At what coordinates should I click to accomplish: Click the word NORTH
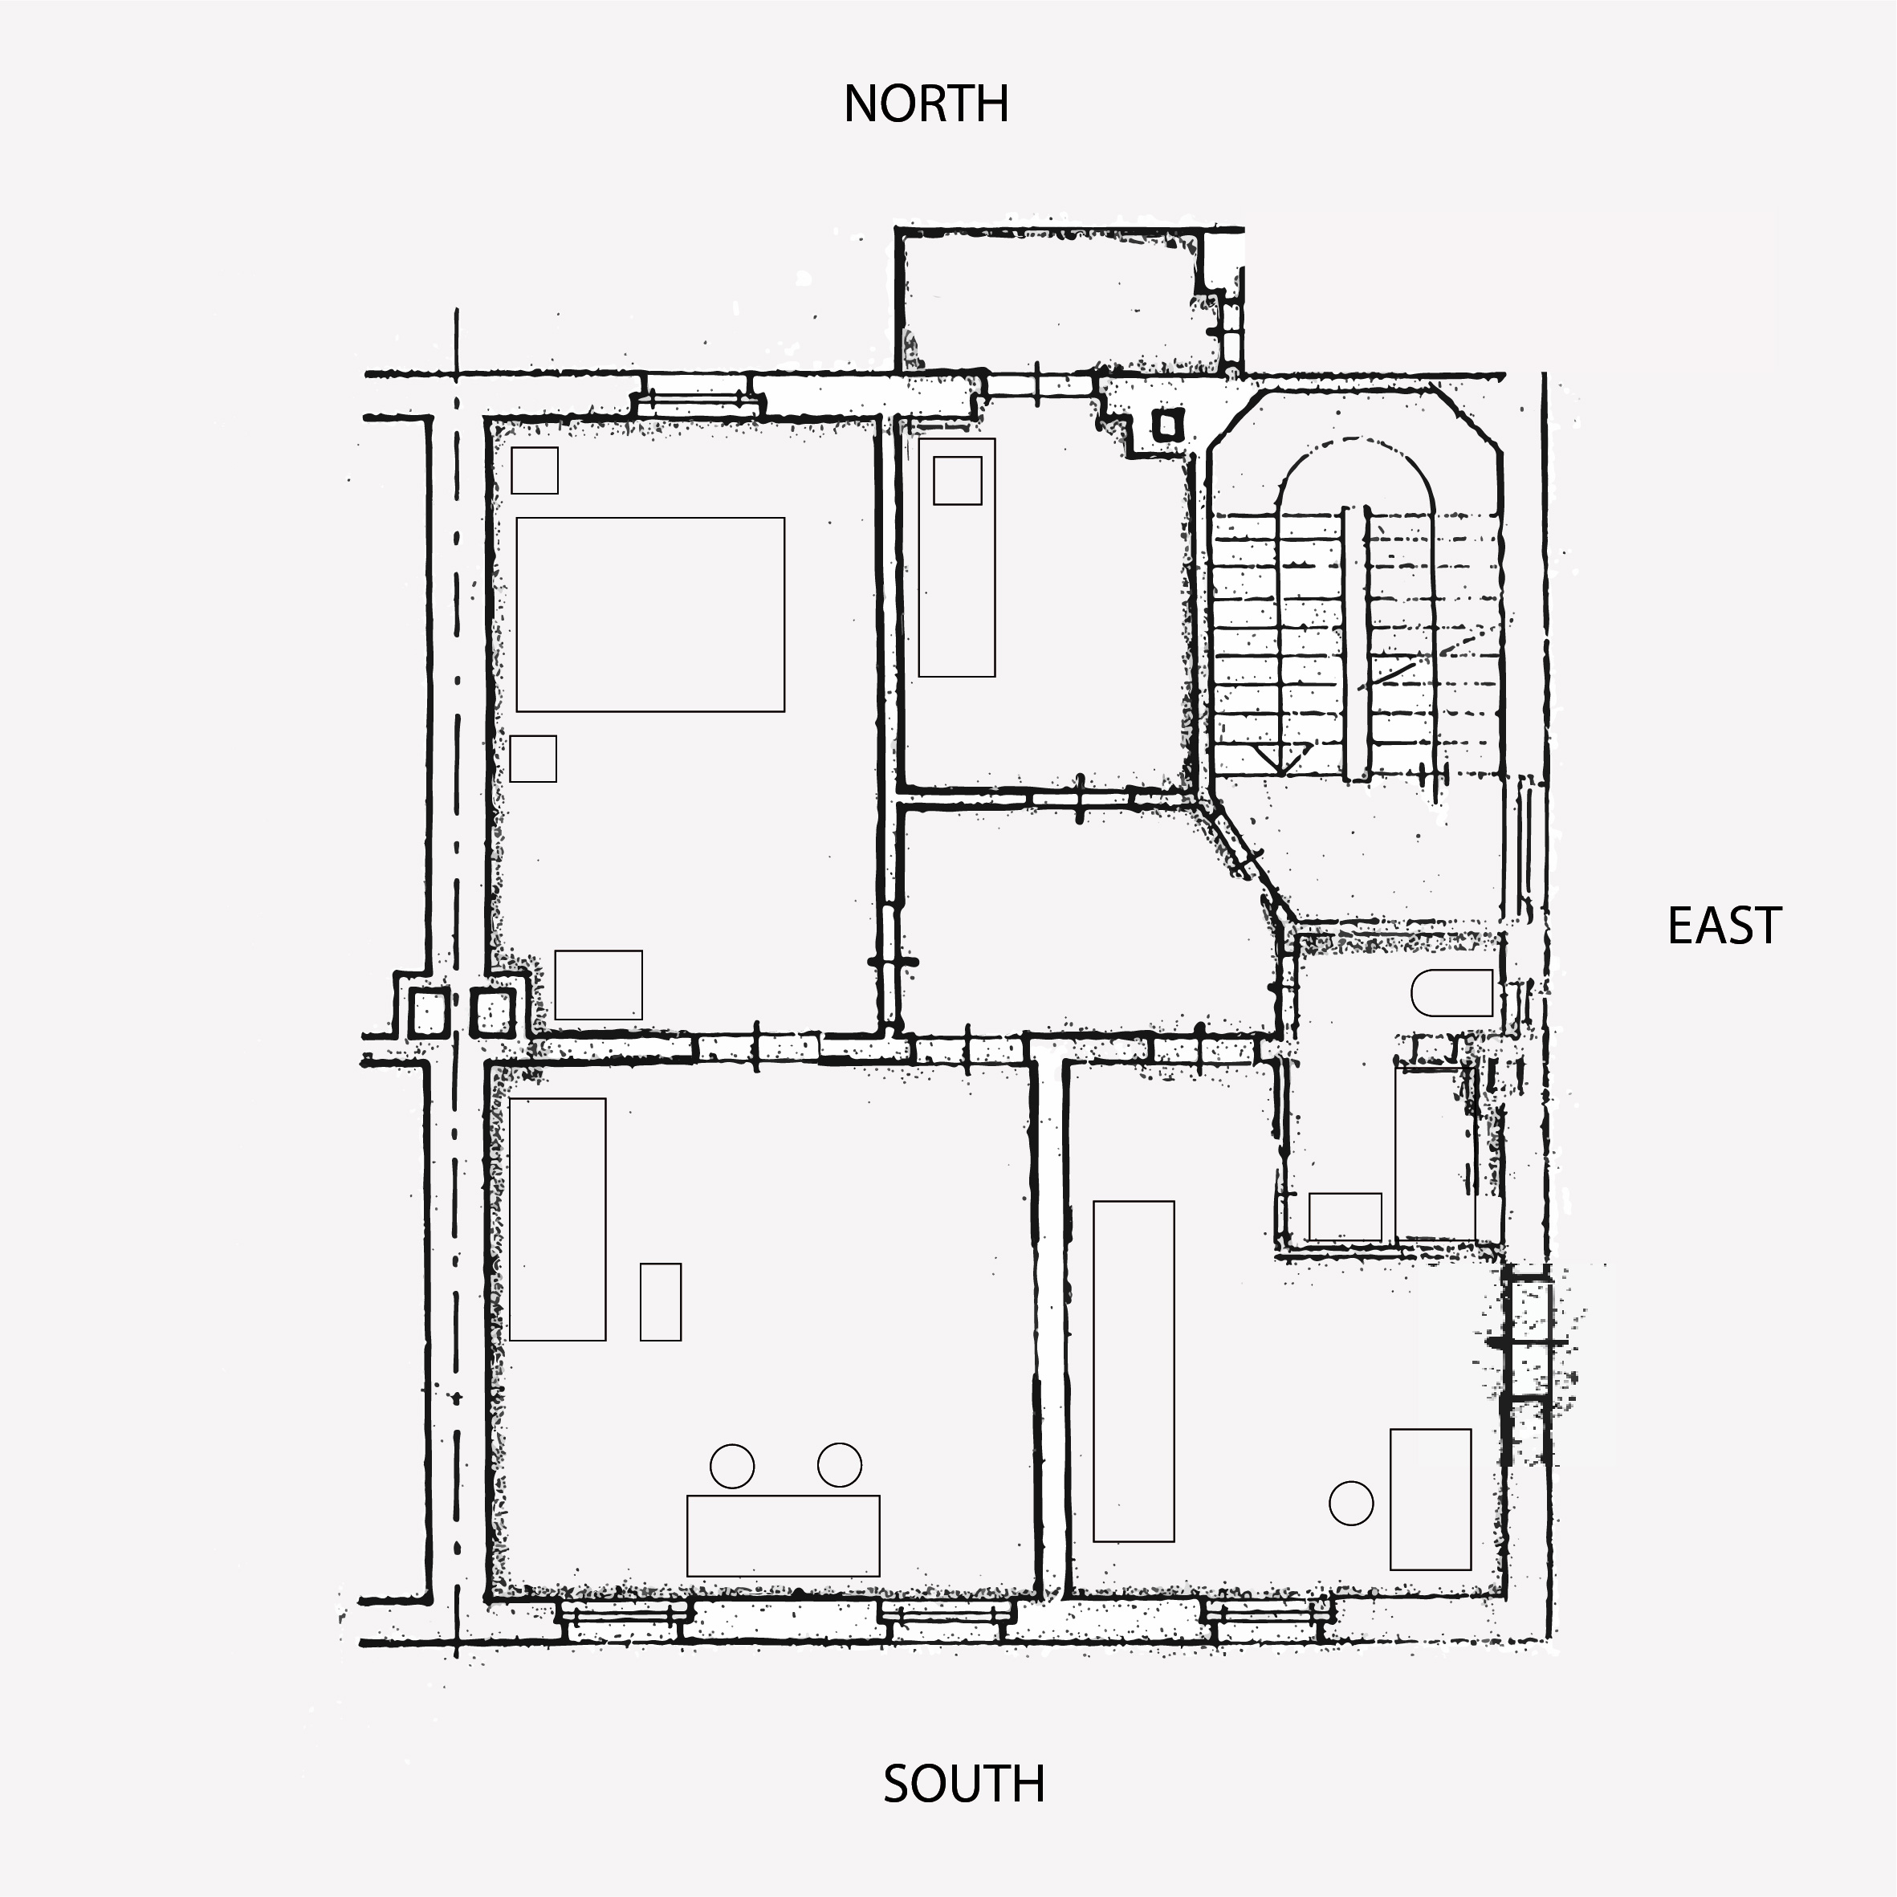926,104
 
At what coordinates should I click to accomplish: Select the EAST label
1724,926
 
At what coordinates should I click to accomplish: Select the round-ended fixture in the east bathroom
1452,993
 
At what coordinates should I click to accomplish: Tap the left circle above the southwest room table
732,1465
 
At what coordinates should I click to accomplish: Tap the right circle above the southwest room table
840,1465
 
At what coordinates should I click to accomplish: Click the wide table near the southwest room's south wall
784,1536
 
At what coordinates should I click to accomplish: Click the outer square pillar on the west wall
428,1012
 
